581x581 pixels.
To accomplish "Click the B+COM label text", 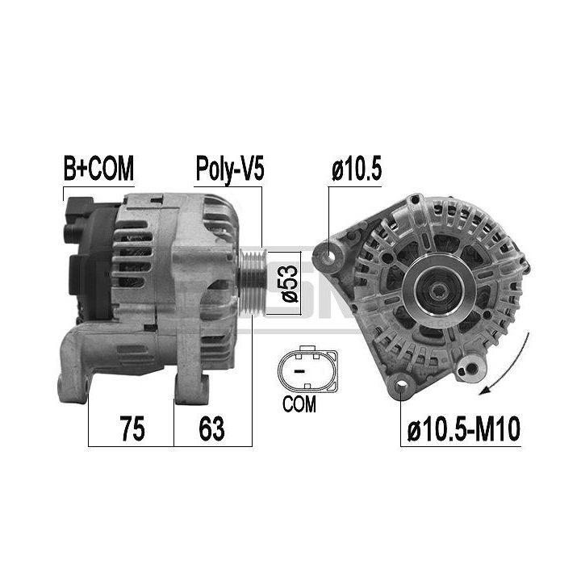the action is (x=98, y=168).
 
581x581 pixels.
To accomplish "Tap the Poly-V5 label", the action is (x=230, y=169).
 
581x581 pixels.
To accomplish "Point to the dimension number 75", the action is (x=132, y=428).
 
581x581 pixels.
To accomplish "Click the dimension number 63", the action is (x=211, y=428).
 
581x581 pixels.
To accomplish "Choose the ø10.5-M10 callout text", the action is (x=463, y=428).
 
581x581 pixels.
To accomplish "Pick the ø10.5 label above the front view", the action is (x=356, y=169).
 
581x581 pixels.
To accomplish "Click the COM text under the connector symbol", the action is (x=299, y=403).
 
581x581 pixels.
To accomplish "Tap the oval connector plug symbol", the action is (x=307, y=370).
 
